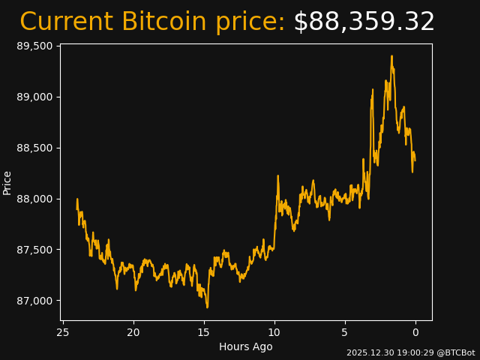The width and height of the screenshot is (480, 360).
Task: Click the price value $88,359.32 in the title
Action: point(364,22)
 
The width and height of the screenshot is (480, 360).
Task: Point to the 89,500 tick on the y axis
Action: point(35,46)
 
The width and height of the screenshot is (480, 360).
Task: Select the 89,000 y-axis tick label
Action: point(35,97)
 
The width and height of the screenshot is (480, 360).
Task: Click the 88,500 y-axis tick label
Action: point(35,148)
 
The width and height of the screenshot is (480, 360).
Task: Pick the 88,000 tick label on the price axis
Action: point(35,199)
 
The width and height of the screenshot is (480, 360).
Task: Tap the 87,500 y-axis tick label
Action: point(35,250)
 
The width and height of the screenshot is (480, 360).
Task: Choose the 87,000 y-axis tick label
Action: point(35,301)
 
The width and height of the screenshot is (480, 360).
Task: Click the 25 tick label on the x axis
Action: point(63,332)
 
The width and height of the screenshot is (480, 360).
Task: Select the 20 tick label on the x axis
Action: point(133,332)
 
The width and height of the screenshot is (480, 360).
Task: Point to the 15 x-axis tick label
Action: point(204,332)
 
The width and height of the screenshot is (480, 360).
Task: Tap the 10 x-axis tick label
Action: point(274,332)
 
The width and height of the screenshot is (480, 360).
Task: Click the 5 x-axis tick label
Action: point(345,332)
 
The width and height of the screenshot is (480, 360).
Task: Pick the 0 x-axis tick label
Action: point(415,332)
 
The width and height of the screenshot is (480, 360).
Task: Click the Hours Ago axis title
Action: point(246,346)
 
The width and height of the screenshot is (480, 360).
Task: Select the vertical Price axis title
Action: point(7,182)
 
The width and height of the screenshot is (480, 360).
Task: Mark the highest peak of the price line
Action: point(391,55)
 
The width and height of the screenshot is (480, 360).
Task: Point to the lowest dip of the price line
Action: point(207,307)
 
